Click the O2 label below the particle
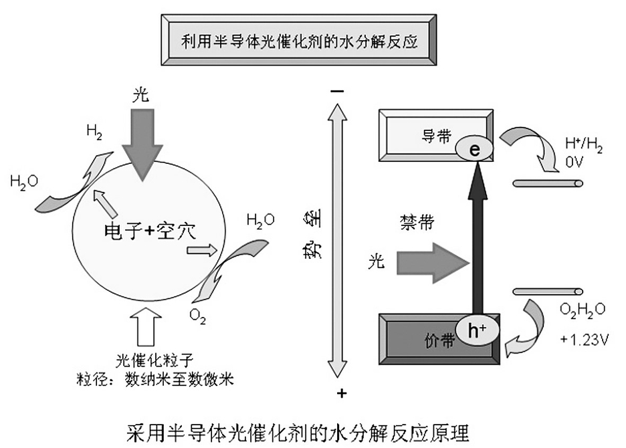click(197, 315)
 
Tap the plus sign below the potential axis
click(342, 393)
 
